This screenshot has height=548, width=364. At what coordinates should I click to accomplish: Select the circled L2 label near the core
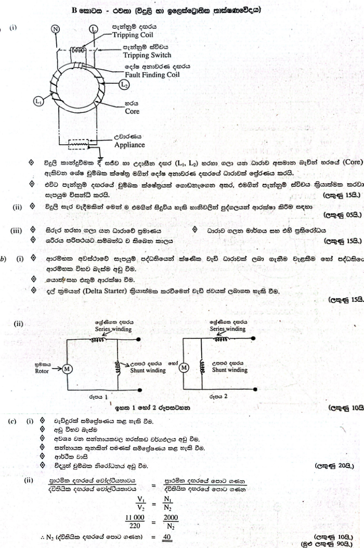coord(124,84)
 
